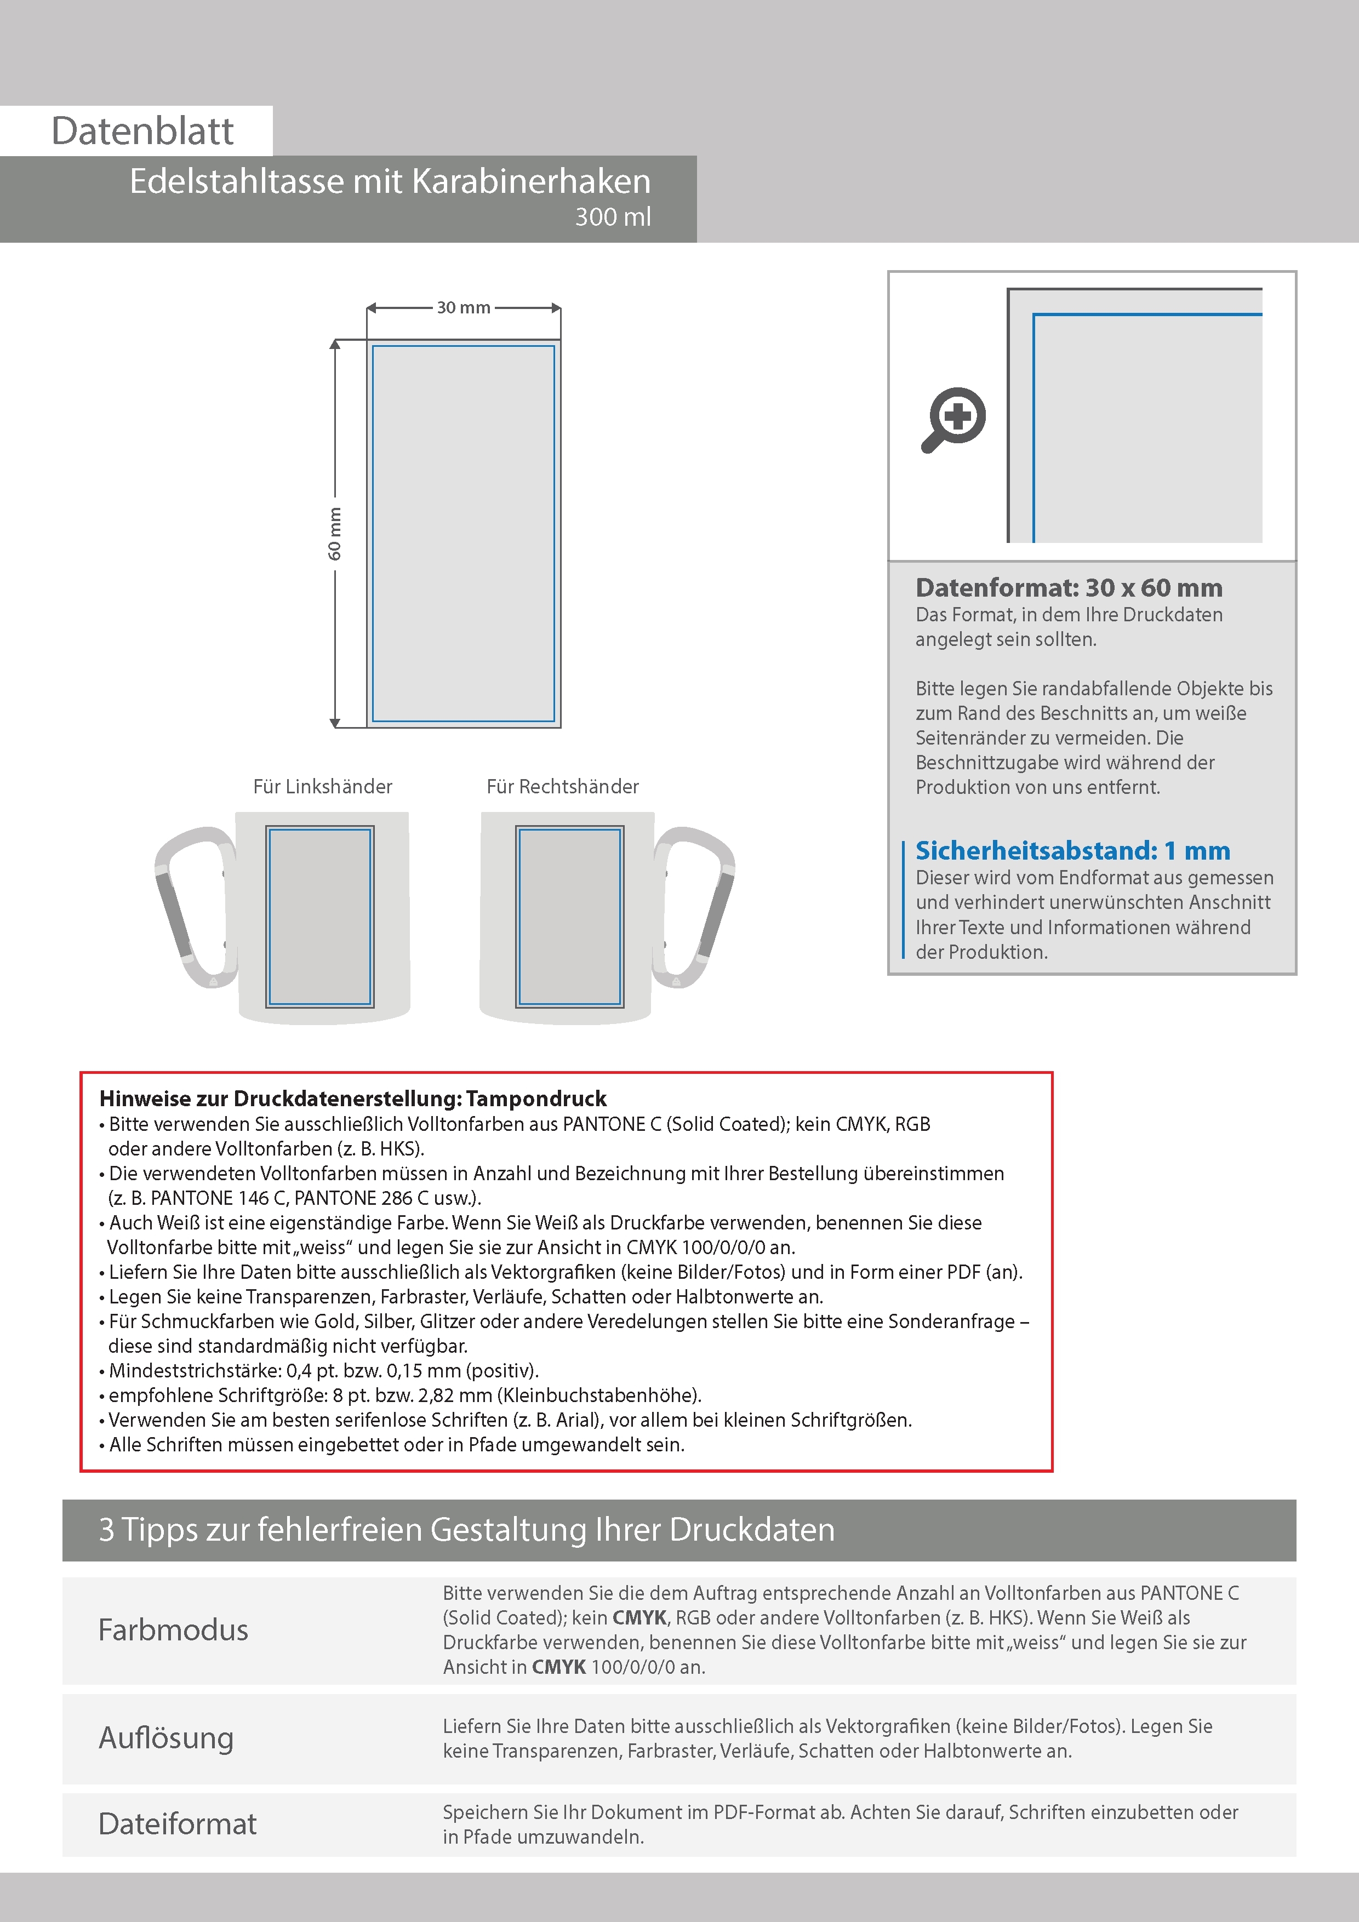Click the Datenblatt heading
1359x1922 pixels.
(x=142, y=131)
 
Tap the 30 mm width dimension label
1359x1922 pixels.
(x=463, y=308)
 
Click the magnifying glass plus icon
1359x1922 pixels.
(x=955, y=419)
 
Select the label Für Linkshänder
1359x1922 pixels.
(x=322, y=787)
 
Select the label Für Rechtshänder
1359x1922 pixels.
(x=563, y=787)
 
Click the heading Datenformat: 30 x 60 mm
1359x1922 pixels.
(x=1069, y=588)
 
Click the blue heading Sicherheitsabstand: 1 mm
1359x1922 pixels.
(x=1072, y=850)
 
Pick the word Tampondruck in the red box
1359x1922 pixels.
(x=536, y=1099)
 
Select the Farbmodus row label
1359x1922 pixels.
(x=173, y=1630)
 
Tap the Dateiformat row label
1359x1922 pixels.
(x=178, y=1824)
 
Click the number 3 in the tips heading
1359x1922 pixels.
(x=106, y=1529)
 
